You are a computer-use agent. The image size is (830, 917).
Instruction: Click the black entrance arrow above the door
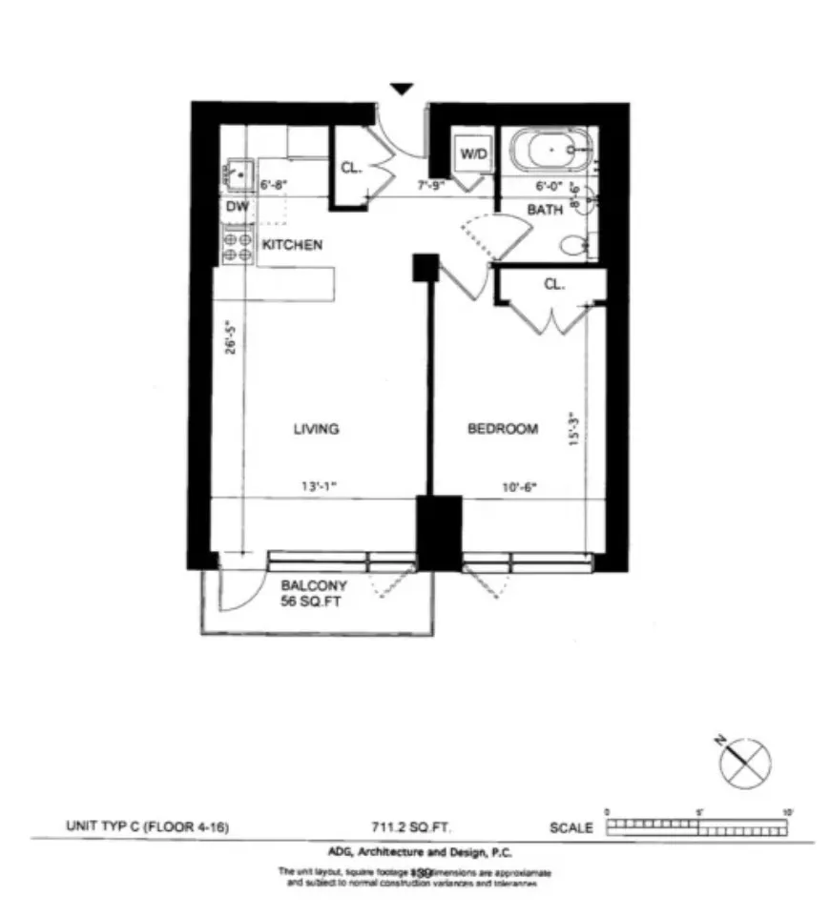pyautogui.click(x=403, y=89)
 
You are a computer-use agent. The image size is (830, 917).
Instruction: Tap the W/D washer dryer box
pyautogui.click(x=474, y=153)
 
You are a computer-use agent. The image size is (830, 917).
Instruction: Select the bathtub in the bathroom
pyautogui.click(x=550, y=151)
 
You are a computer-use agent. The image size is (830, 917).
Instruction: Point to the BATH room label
pyautogui.click(x=545, y=210)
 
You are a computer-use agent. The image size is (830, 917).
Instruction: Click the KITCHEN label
pyautogui.click(x=292, y=245)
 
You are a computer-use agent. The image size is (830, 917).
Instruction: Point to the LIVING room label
pyautogui.click(x=316, y=429)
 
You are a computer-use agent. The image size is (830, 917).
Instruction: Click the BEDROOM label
pyautogui.click(x=502, y=429)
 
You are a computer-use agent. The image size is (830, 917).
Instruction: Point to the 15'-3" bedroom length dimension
pyautogui.click(x=573, y=427)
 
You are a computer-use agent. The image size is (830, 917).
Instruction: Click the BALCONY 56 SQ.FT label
pyautogui.click(x=314, y=594)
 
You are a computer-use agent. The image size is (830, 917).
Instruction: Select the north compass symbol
pyautogui.click(x=747, y=763)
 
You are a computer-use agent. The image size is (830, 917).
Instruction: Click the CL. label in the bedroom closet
pyautogui.click(x=553, y=284)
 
